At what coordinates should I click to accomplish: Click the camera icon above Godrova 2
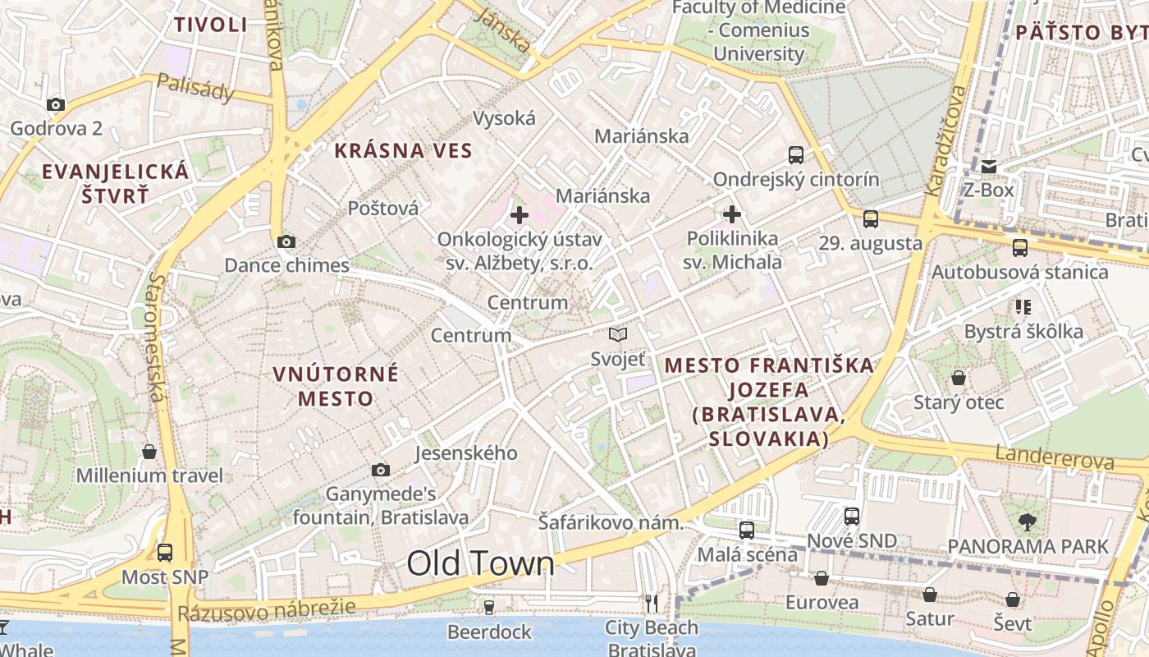(x=56, y=104)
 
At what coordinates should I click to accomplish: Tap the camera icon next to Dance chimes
(x=286, y=241)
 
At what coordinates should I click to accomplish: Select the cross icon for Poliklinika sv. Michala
(x=732, y=215)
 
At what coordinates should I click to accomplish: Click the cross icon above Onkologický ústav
(x=520, y=216)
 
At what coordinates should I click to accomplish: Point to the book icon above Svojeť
(x=618, y=334)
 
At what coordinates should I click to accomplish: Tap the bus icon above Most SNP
(x=165, y=552)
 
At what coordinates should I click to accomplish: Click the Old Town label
(x=481, y=563)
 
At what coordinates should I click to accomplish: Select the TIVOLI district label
(x=211, y=25)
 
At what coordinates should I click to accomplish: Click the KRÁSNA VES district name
(x=403, y=150)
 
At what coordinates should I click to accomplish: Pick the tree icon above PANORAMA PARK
(x=1027, y=521)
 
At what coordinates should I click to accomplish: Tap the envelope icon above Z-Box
(x=989, y=167)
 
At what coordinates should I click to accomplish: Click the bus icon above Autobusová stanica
(x=1019, y=247)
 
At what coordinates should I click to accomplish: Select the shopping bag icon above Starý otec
(x=958, y=378)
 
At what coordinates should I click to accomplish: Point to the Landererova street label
(x=1055, y=457)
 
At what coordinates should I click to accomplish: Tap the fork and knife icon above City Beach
(x=652, y=604)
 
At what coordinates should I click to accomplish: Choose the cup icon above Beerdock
(x=489, y=607)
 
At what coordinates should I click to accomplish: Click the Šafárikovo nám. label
(x=611, y=522)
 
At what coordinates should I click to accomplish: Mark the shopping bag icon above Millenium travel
(x=149, y=452)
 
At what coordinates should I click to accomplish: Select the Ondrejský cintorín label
(x=795, y=179)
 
